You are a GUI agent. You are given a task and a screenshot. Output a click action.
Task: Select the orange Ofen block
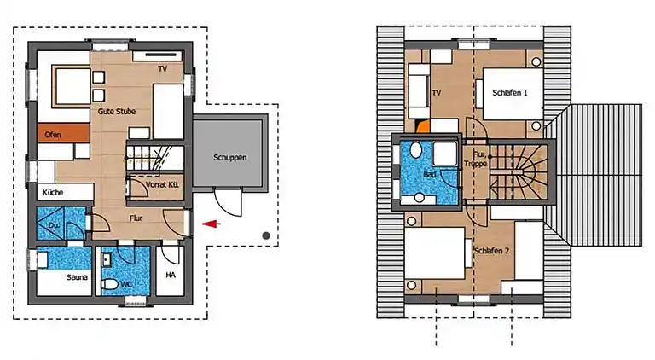click(x=62, y=133)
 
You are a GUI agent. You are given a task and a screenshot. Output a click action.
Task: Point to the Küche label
click(x=53, y=193)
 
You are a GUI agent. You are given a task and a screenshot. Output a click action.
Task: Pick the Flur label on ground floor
click(x=136, y=218)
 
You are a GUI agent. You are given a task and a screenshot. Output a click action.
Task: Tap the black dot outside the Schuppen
click(x=266, y=235)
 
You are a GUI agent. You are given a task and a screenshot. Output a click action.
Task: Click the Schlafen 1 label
click(x=505, y=92)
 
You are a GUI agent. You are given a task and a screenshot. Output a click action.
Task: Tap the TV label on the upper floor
click(x=437, y=92)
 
